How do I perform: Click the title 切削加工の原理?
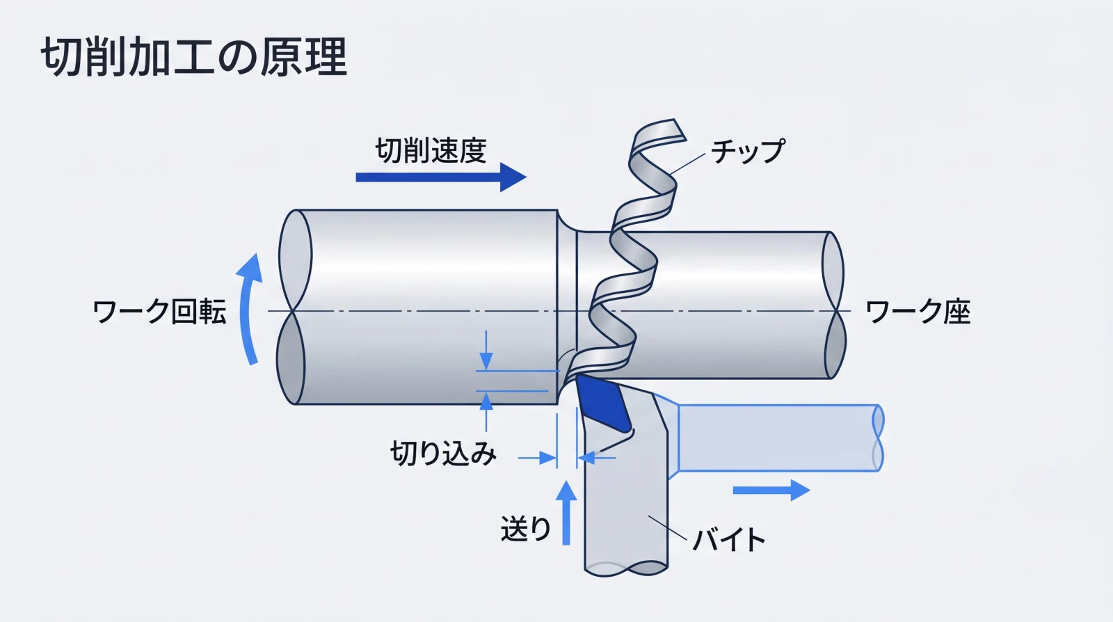[193, 57]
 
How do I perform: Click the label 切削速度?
[431, 151]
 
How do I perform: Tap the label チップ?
[748, 151]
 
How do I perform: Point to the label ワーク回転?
[159, 312]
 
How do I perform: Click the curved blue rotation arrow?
[248, 310]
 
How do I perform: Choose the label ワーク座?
[918, 312]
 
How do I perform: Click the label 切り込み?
[443, 454]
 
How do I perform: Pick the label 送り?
[525, 529]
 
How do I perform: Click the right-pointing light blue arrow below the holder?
[771, 491]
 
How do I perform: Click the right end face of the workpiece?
[833, 305]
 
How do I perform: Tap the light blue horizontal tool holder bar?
[776, 438]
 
